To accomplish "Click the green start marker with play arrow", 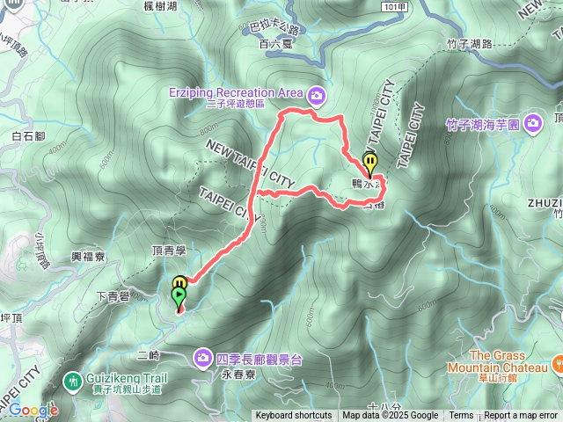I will pyautogui.click(x=179, y=298).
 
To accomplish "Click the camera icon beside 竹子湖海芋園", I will pyautogui.click(x=532, y=124).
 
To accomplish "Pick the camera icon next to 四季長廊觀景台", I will pyautogui.click(x=203, y=357).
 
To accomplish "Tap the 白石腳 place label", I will pyautogui.click(x=29, y=136).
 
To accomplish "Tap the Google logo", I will pyautogui.click(x=33, y=410).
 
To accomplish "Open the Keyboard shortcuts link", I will pyautogui.click(x=294, y=416).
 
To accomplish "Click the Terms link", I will pyautogui.click(x=461, y=416).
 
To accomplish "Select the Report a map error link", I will pyautogui.click(x=521, y=416).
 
